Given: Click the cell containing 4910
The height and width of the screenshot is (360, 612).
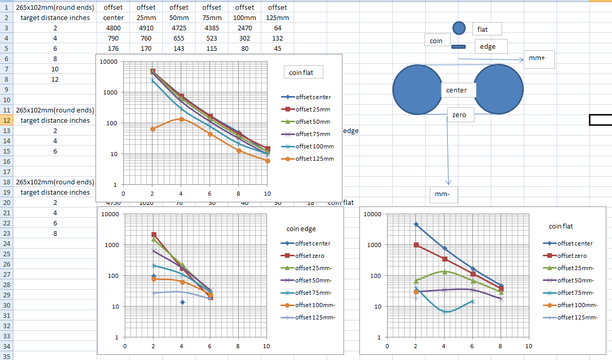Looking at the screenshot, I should pyautogui.click(x=146, y=28).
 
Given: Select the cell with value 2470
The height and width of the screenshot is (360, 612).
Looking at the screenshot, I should pyautogui.click(x=245, y=28).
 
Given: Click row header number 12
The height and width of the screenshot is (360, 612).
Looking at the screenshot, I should pyautogui.click(x=6, y=120).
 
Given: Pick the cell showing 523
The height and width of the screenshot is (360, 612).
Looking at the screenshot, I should pyautogui.click(x=212, y=38).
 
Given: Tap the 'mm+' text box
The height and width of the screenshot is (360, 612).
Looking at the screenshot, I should pyautogui.click(x=540, y=59).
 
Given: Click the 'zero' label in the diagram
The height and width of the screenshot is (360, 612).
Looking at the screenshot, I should pyautogui.click(x=459, y=115).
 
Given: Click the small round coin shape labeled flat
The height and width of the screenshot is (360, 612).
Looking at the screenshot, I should pyautogui.click(x=459, y=28).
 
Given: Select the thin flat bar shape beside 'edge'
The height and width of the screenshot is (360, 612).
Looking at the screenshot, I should pyautogui.click(x=458, y=47).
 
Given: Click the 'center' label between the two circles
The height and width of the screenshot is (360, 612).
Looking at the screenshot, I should pyautogui.click(x=456, y=90).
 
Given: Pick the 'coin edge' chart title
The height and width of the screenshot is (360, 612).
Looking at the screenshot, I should pyautogui.click(x=301, y=229).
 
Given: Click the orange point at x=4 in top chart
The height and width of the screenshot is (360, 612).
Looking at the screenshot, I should pyautogui.click(x=181, y=119).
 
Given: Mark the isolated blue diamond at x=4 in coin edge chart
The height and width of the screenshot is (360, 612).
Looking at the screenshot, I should pyautogui.click(x=182, y=302).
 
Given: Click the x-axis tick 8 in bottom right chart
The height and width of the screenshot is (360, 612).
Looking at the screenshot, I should pyautogui.click(x=501, y=346).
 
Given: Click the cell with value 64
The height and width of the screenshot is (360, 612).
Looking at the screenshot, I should pyautogui.click(x=278, y=28).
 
